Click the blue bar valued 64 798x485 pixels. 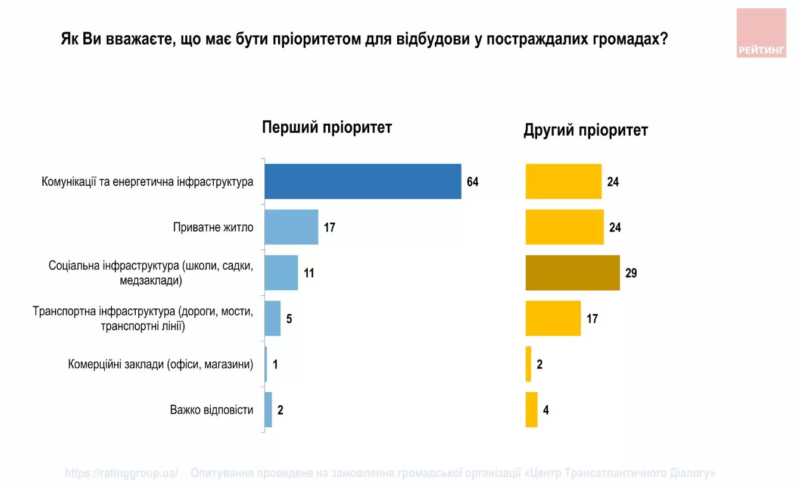[x=363, y=182]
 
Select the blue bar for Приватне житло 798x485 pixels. [x=291, y=227]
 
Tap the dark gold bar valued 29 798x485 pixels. [x=572, y=273]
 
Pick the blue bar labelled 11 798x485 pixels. [x=281, y=273]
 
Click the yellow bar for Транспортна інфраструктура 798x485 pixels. [x=553, y=318]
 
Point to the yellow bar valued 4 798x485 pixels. [x=531, y=410]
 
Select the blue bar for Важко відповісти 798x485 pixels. [x=269, y=410]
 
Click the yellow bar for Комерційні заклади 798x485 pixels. [x=528, y=364]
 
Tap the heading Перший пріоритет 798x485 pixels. [x=327, y=128]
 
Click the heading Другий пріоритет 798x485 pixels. [x=585, y=130]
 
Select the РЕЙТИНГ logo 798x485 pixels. [x=761, y=33]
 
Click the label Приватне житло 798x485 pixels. [x=213, y=227]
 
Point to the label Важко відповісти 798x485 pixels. [x=211, y=410]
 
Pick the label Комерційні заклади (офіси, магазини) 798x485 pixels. [x=161, y=364]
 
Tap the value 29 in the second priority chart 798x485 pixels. [x=631, y=274]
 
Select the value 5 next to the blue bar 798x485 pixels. [x=289, y=319]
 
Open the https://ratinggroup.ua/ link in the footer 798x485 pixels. [x=121, y=474]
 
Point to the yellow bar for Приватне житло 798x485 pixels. [x=565, y=227]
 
